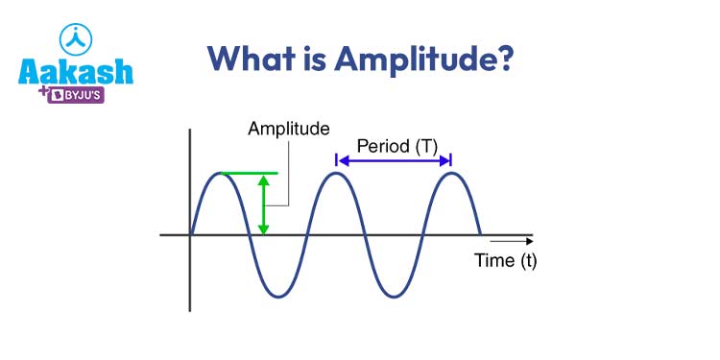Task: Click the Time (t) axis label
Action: (x=506, y=260)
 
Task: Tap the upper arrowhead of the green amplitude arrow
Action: (x=264, y=180)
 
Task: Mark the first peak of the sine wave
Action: (x=221, y=174)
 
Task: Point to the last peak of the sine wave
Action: (x=451, y=174)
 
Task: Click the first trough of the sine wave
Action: (x=278, y=296)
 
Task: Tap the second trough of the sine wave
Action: (x=394, y=296)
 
